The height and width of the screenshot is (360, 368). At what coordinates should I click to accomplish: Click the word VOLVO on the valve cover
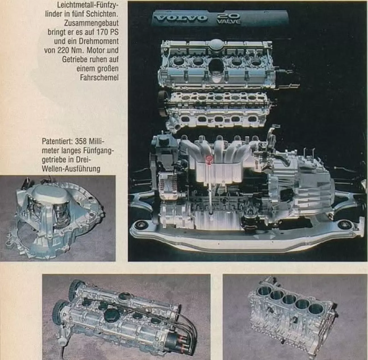tap(181, 18)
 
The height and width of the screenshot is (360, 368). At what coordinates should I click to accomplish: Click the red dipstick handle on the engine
tap(210, 160)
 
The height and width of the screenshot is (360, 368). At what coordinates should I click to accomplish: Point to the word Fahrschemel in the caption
tap(99, 78)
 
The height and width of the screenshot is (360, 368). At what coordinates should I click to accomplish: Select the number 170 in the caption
tap(103, 32)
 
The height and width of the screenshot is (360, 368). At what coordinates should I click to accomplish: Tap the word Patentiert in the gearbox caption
tap(57, 141)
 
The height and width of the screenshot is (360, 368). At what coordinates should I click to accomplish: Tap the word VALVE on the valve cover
tap(229, 22)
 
